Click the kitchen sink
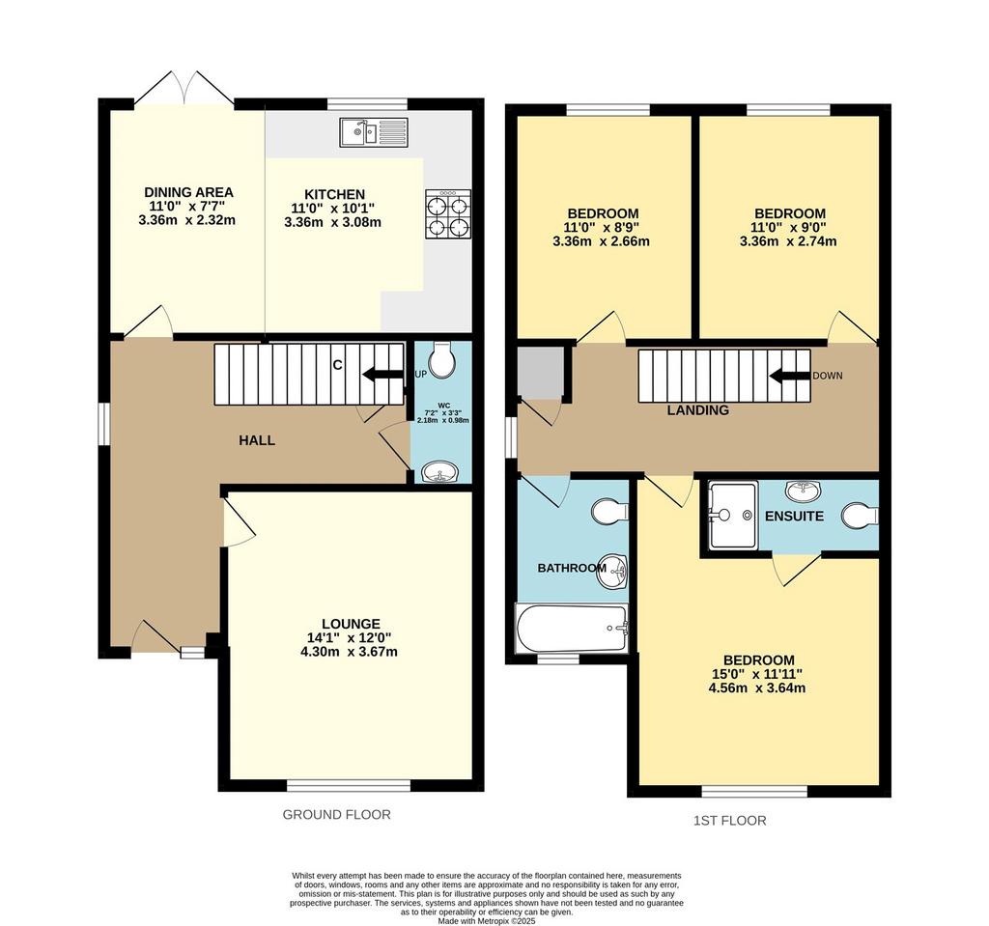click(374, 132)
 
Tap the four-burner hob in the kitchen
click(448, 214)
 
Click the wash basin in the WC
click(440, 472)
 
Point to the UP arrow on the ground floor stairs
click(382, 375)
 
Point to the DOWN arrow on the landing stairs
click(789, 376)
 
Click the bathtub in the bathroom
click(572, 629)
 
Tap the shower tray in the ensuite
click(733, 516)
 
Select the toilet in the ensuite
click(861, 516)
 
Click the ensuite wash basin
click(803, 490)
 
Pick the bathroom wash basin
click(611, 572)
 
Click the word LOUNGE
click(351, 625)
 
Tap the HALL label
click(257, 440)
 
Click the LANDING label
click(698, 410)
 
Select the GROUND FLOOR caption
click(337, 814)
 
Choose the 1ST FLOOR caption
click(730, 821)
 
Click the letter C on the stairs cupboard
click(337, 365)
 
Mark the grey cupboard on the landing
click(540, 372)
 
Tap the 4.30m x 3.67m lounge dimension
click(350, 652)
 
